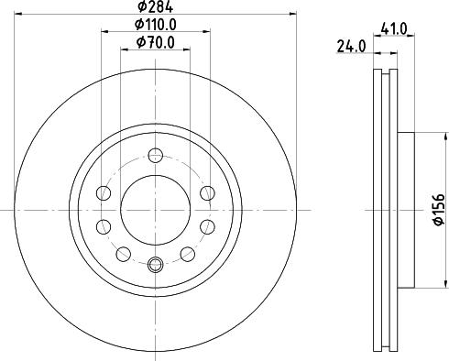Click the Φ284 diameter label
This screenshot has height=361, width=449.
pos(156,6)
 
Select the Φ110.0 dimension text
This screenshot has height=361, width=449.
pos(156,25)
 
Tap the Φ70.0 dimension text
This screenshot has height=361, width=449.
pos(156,42)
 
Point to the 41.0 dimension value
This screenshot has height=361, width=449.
pos(394,29)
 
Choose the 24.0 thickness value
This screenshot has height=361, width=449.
pos(351,47)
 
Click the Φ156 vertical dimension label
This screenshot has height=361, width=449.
pos(439,210)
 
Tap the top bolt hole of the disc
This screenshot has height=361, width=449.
pos(156,156)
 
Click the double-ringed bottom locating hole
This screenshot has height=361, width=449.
pos(156,264)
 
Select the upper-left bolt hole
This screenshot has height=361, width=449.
pos(104,193)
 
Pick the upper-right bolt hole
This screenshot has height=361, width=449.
pos(208,193)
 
